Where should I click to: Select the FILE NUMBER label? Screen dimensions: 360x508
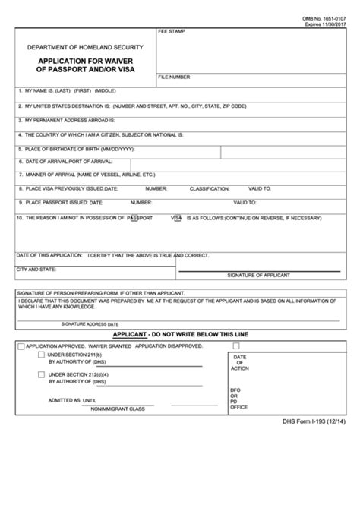tap(175, 78)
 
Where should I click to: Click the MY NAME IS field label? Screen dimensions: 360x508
tap(39, 90)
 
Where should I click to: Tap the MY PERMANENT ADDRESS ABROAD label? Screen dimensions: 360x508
tap(67, 120)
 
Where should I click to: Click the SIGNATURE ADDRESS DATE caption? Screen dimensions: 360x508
tap(74, 323)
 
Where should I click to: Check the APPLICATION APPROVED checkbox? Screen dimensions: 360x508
tap(21, 346)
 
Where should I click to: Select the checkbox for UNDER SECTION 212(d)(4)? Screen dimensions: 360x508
tap(41, 374)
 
